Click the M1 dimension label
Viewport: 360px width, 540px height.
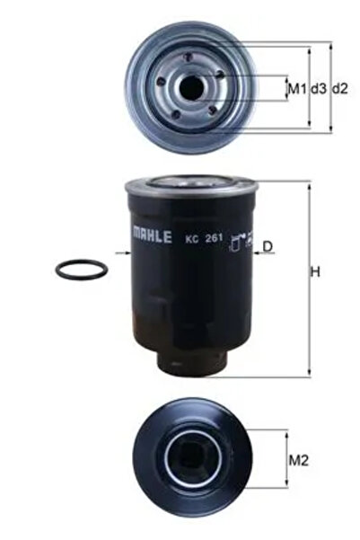tap(294, 88)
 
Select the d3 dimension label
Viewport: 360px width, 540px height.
tap(317, 88)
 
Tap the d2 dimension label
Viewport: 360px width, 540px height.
tap(339, 88)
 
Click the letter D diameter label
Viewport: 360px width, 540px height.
tap(267, 245)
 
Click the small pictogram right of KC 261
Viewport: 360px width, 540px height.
tap(237, 241)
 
